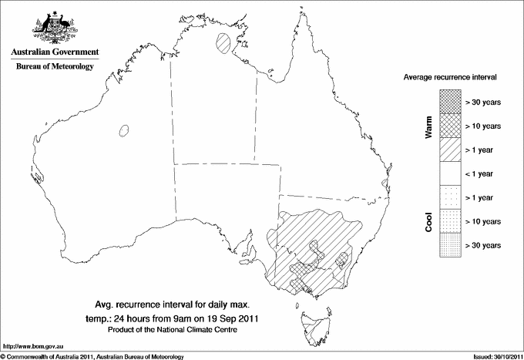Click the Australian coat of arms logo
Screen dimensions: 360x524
(x=54, y=27)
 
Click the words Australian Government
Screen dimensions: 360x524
(x=54, y=52)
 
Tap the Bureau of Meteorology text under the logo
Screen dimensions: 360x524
(x=54, y=66)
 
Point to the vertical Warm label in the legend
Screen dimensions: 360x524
(x=428, y=125)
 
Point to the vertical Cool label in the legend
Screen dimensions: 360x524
(x=428, y=221)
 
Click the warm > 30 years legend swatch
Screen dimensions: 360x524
(x=450, y=101)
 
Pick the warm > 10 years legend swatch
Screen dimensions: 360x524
(x=450, y=125)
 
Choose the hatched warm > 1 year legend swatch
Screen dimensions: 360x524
(x=450, y=149)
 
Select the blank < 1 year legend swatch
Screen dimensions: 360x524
(x=450, y=173)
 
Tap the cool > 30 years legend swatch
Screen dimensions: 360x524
(x=450, y=244)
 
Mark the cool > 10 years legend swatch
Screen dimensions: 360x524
(x=450, y=220)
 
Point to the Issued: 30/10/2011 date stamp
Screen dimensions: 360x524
(x=495, y=356)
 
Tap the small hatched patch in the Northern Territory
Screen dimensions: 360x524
(x=224, y=41)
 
